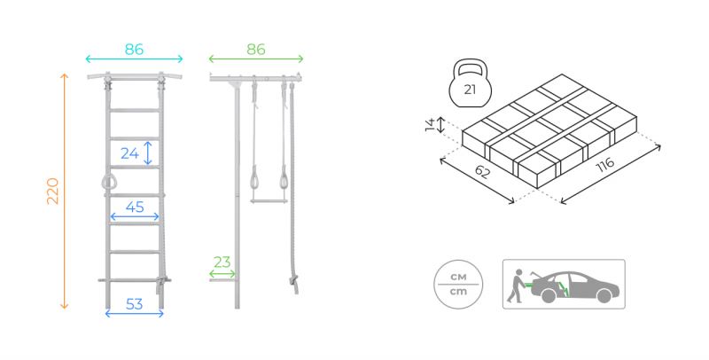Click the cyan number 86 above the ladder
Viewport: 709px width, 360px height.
135,50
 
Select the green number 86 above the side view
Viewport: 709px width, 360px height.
256,50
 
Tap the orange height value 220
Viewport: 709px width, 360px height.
53,192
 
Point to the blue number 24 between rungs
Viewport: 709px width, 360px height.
129,153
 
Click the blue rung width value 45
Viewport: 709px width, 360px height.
135,207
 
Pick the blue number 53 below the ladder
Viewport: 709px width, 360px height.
135,304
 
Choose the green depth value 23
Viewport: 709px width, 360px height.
222,262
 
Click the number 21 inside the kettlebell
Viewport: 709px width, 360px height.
470,90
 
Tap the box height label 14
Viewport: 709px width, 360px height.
430,124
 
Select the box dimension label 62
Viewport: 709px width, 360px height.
482,172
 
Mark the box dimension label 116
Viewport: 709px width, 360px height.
605,165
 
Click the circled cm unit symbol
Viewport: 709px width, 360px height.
458,285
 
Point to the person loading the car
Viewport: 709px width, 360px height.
515,286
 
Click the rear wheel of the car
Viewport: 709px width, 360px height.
549,296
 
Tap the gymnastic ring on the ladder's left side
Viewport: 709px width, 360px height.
108,182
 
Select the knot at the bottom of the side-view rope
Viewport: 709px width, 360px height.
294,284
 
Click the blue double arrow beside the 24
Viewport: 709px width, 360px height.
147,153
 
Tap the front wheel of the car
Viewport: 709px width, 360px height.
604,296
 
